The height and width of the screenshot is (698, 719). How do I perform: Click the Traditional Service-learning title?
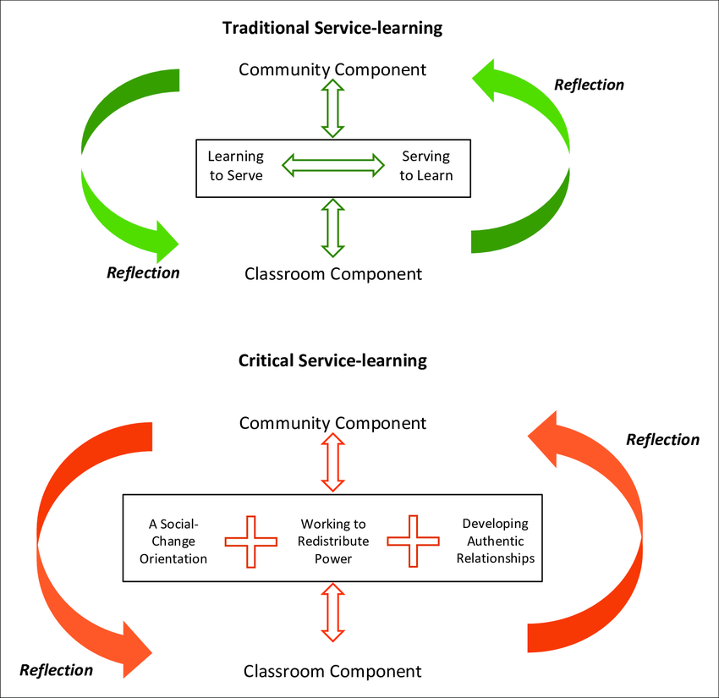(332, 28)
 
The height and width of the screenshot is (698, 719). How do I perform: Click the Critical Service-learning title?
(332, 360)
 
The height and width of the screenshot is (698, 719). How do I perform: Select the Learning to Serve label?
(235, 166)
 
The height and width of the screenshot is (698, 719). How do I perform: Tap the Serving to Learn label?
(426, 166)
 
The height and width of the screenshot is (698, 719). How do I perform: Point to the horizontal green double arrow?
(332, 165)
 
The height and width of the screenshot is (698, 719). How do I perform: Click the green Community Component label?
(332, 69)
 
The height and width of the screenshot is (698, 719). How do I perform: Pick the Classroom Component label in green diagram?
(332, 273)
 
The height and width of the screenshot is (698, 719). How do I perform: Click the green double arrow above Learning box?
(332, 108)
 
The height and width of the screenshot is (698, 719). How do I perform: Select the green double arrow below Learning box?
(332, 228)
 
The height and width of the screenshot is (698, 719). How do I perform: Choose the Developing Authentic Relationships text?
(495, 541)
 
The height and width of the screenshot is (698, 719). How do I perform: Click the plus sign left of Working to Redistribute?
(250, 541)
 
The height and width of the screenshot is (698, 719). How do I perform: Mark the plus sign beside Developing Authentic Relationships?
(414, 541)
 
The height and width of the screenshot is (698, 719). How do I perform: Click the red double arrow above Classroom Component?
(332, 613)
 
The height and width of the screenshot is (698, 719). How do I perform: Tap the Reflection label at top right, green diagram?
(589, 85)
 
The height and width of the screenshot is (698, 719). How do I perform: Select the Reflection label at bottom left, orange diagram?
(56, 670)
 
